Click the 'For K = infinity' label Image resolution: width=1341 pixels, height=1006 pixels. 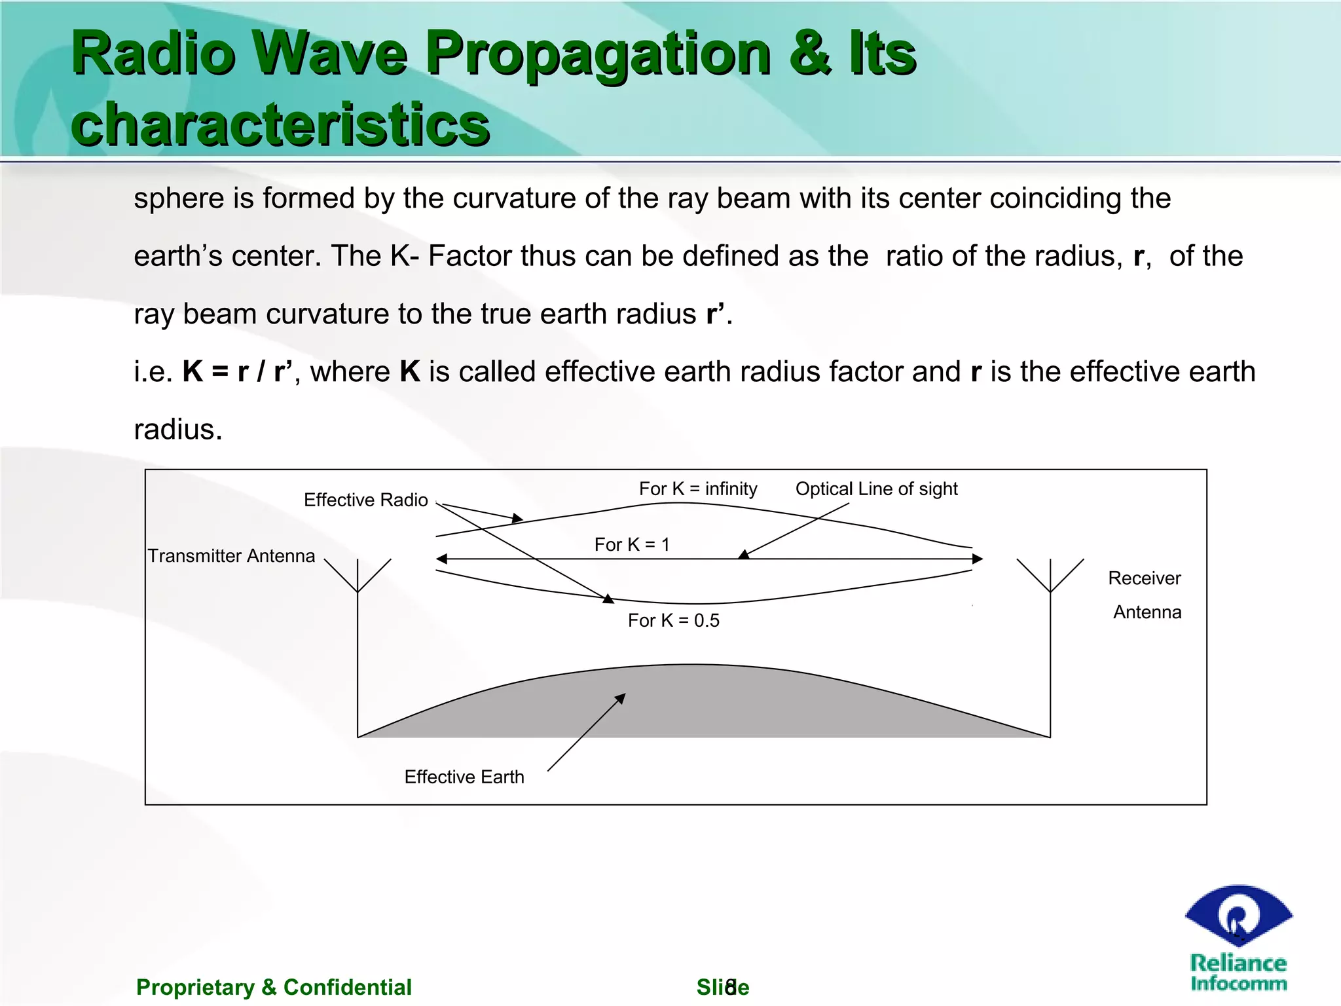698,489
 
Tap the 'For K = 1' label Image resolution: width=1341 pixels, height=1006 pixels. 632,544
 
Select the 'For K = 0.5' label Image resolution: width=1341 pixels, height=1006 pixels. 673,620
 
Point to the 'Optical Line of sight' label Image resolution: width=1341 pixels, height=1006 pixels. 876,489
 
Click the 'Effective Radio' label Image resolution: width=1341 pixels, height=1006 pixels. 365,500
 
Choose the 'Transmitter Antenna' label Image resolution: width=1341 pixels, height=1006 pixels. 231,555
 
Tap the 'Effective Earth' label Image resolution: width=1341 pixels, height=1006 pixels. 464,777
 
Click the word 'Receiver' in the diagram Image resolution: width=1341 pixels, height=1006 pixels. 1144,578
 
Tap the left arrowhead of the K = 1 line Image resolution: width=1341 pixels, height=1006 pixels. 442,559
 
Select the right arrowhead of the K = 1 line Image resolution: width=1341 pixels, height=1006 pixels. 978,559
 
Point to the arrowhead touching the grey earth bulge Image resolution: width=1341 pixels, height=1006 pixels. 621,698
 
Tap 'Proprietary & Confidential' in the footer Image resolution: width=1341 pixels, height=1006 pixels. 274,987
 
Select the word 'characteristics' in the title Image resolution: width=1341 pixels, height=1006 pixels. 280,124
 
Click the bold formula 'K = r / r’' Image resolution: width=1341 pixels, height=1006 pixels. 237,371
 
